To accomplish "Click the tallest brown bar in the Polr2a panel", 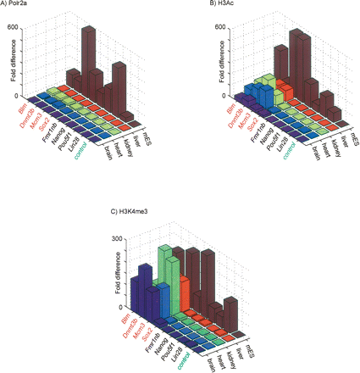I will click(x=87, y=51).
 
